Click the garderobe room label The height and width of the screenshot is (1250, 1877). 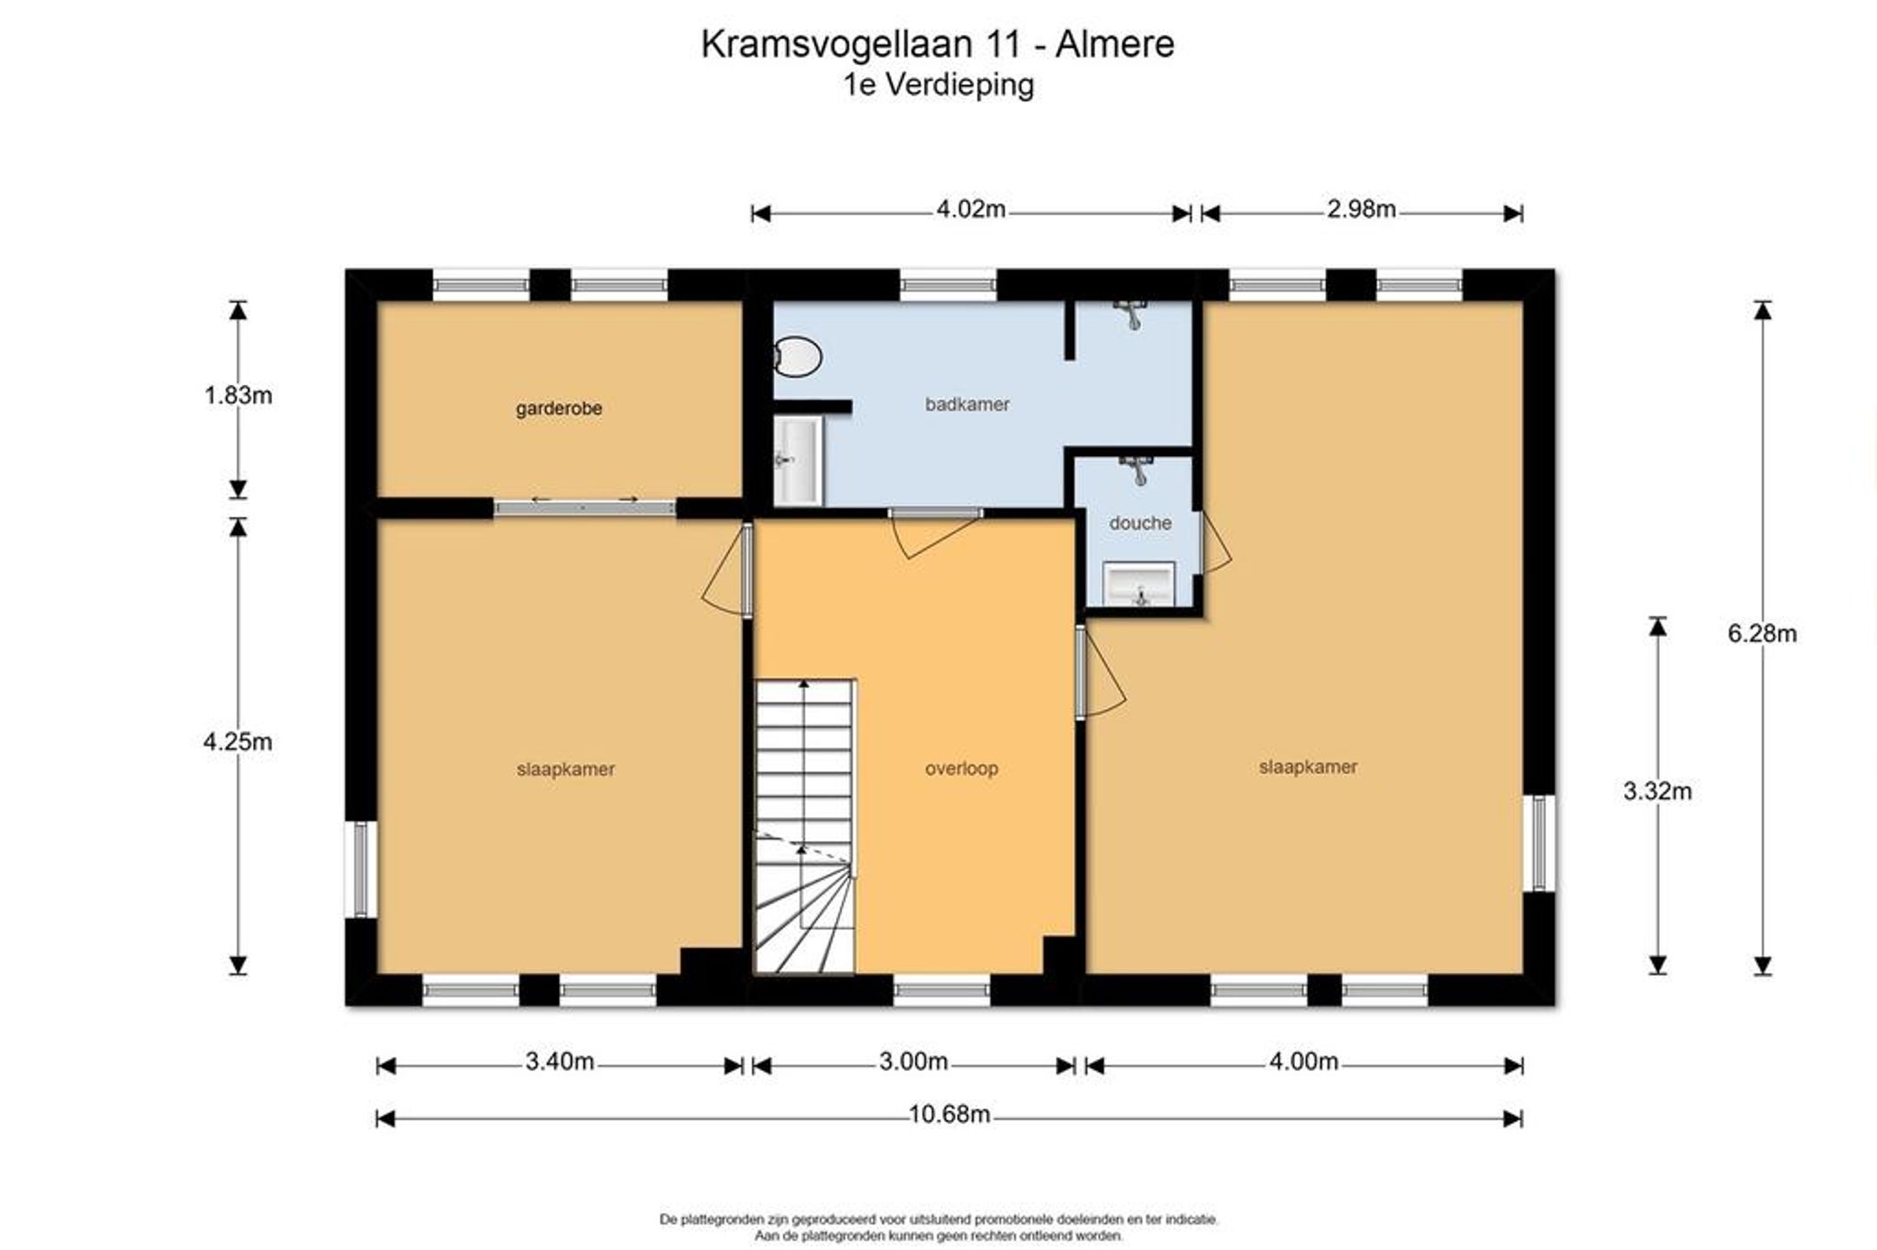(559, 408)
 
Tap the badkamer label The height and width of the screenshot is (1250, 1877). (967, 404)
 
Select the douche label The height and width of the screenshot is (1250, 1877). (1140, 523)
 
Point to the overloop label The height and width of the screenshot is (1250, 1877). (961, 769)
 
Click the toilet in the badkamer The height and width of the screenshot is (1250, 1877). (796, 356)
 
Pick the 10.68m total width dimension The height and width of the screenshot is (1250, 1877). (949, 1114)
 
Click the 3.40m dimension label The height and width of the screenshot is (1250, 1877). (560, 1062)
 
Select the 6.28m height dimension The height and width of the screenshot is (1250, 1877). (1762, 634)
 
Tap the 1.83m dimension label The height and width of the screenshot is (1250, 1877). (238, 396)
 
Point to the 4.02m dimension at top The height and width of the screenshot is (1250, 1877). (971, 209)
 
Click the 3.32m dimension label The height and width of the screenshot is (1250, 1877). (1657, 791)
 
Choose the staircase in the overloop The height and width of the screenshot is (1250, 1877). (805, 826)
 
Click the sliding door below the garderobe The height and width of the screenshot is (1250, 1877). (584, 508)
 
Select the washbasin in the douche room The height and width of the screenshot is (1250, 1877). (1138, 584)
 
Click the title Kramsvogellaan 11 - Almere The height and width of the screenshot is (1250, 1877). (938, 44)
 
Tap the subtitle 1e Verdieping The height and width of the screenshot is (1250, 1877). (938, 85)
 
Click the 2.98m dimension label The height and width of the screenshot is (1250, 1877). (1362, 209)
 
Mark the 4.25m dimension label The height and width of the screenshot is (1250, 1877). (238, 742)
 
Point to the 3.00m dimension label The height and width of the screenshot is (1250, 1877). (913, 1062)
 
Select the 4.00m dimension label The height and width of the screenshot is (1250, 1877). (1303, 1062)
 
